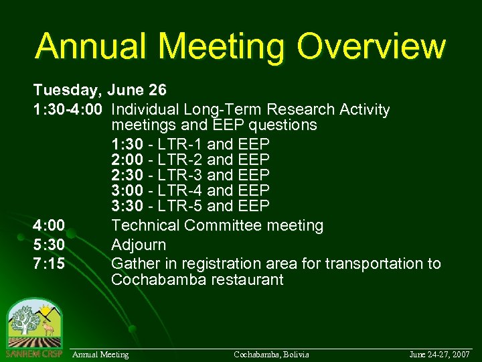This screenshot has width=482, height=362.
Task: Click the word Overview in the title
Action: click(372, 46)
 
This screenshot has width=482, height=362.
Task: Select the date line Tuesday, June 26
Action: click(100, 90)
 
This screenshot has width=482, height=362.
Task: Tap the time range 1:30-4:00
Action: click(70, 109)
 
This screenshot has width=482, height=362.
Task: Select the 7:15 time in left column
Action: click(50, 263)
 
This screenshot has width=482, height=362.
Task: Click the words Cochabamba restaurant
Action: click(197, 280)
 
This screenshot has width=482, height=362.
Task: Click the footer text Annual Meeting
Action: click(100, 354)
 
